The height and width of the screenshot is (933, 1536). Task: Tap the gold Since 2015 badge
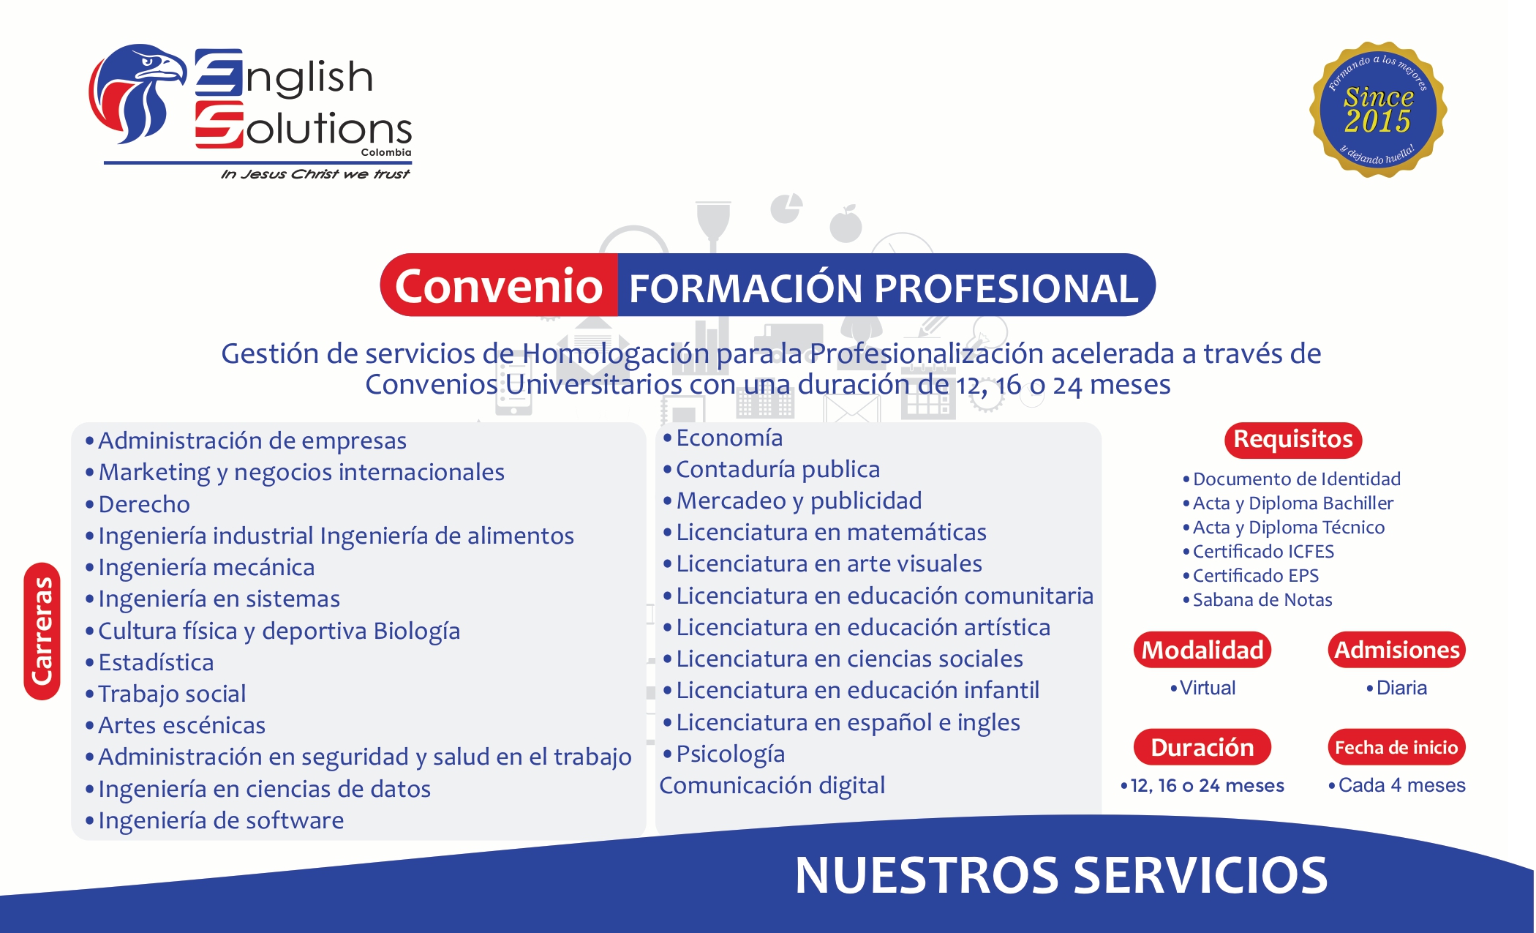click(x=1378, y=110)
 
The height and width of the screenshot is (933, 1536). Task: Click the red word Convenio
click(x=499, y=285)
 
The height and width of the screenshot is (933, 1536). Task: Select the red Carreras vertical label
click(x=42, y=631)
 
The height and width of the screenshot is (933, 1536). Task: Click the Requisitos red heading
click(x=1292, y=440)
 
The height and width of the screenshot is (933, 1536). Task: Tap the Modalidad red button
click(x=1202, y=650)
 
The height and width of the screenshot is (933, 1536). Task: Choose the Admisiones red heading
click(x=1396, y=650)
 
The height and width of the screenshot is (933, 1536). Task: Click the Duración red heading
click(x=1202, y=747)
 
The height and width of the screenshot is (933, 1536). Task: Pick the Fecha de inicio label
click(x=1396, y=747)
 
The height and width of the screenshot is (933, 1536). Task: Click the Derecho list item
click(x=144, y=504)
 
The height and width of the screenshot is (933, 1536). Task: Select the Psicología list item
click(x=730, y=754)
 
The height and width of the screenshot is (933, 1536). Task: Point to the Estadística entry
click(x=156, y=662)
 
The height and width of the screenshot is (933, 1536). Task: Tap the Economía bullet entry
click(x=729, y=438)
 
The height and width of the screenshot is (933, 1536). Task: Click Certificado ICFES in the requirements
click(x=1263, y=551)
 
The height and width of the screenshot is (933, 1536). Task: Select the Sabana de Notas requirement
click(x=1262, y=600)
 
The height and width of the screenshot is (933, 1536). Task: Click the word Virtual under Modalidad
click(x=1208, y=688)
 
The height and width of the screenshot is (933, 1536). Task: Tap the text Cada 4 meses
click(x=1401, y=785)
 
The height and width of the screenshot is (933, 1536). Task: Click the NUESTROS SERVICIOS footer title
click(x=1061, y=875)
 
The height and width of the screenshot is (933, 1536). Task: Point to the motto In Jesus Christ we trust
click(x=315, y=174)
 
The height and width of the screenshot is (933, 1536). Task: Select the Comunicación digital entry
click(x=772, y=785)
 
